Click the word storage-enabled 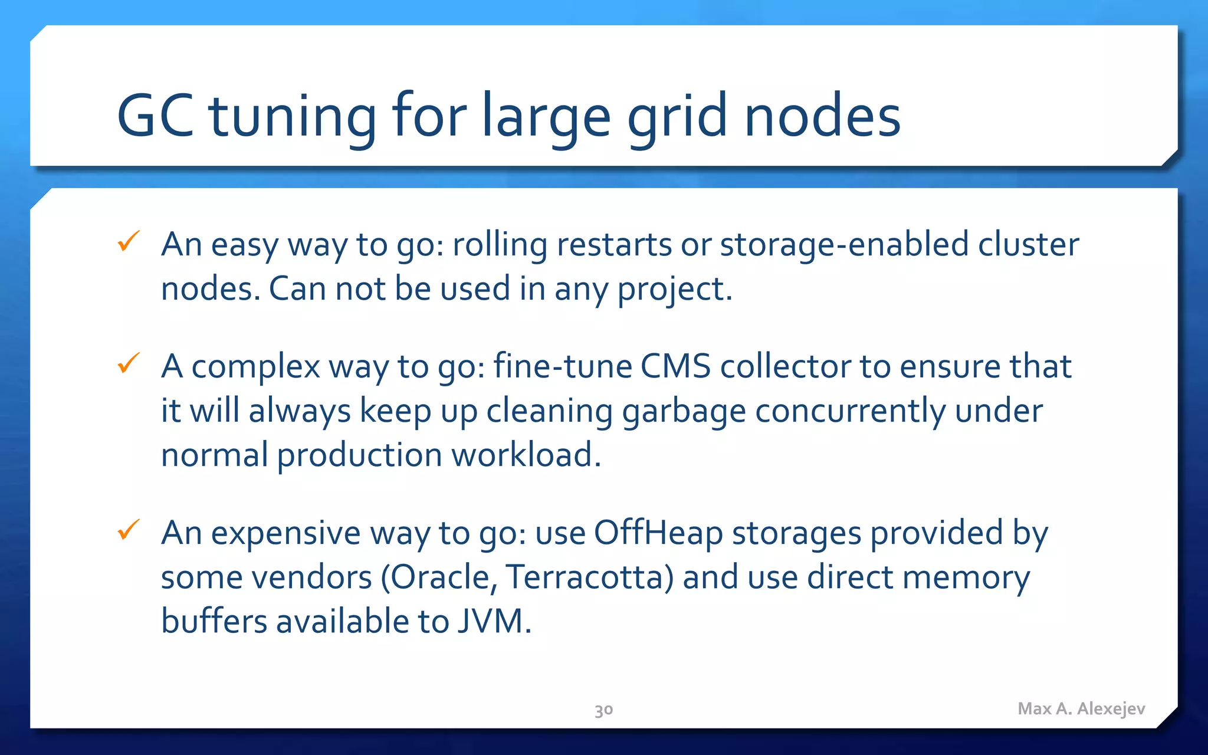[844, 244]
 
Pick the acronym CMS [675, 366]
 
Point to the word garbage [684, 412]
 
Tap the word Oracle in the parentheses [439, 577]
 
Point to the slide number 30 [603, 710]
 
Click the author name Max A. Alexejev [1081, 708]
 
